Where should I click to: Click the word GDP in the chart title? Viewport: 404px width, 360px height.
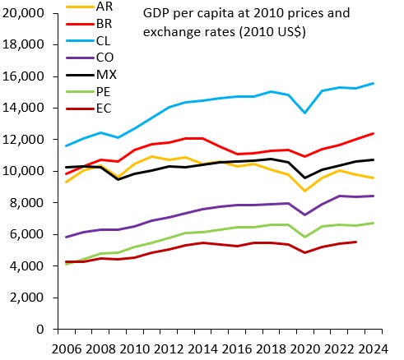tap(157, 15)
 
